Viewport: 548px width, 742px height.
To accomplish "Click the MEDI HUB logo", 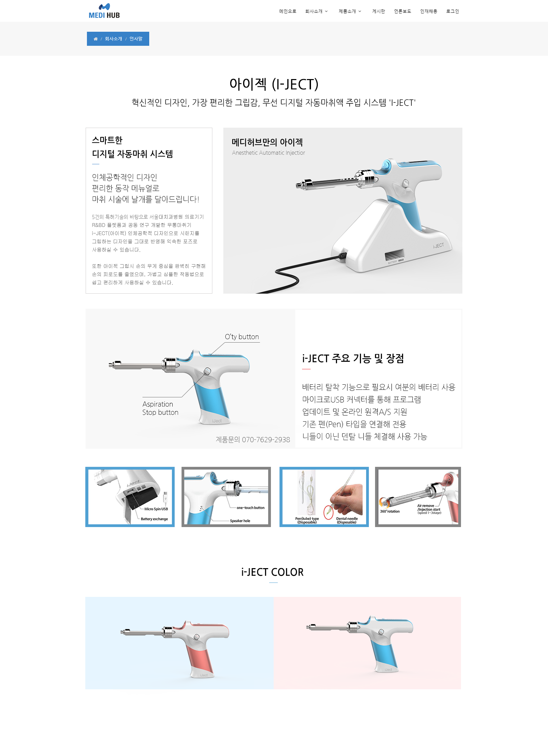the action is (104, 11).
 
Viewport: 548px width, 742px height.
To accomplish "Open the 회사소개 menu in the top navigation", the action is (316, 11).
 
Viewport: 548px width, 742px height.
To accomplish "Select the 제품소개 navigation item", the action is (350, 11).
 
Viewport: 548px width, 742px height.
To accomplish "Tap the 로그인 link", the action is (452, 11).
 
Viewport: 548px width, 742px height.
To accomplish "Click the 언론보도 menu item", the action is (402, 11).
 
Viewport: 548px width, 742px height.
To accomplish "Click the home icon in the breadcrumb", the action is (96, 39).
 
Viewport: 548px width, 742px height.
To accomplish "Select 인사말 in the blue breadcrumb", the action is (136, 39).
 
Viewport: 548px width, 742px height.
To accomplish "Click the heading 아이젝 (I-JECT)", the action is (274, 84).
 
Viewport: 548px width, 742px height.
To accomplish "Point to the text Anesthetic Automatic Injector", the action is (269, 153).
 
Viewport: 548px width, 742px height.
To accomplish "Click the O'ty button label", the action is (242, 337).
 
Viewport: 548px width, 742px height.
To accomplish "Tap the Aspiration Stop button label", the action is (160, 408).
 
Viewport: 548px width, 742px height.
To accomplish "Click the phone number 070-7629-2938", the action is (266, 440).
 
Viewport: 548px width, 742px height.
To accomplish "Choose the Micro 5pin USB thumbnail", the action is (130, 497).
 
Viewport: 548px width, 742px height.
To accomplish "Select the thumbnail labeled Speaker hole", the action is (226, 497).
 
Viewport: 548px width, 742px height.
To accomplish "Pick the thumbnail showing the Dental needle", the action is (324, 497).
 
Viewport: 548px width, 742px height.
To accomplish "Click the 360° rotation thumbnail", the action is (418, 497).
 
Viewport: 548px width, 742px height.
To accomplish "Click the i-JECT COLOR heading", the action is (272, 572).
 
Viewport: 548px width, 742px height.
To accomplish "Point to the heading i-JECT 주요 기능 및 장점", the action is (353, 358).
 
